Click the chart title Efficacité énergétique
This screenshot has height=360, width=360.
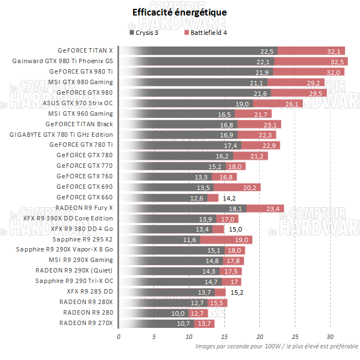(179, 12)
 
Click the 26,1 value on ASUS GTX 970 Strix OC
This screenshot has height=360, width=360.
(292, 103)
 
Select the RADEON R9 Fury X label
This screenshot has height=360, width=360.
(84, 208)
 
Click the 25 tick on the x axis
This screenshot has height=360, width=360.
(295, 336)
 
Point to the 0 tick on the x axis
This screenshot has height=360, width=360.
(119, 336)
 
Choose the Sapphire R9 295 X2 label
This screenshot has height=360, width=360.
(83, 239)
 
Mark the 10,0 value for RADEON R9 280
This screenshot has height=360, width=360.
(178, 313)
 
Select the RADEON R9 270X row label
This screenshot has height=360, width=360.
(86, 323)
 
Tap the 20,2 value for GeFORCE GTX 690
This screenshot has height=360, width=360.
(250, 187)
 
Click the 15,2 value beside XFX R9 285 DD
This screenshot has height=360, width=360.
(236, 292)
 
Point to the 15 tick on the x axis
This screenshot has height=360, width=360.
(224, 336)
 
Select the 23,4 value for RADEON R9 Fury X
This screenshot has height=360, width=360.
(273, 208)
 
